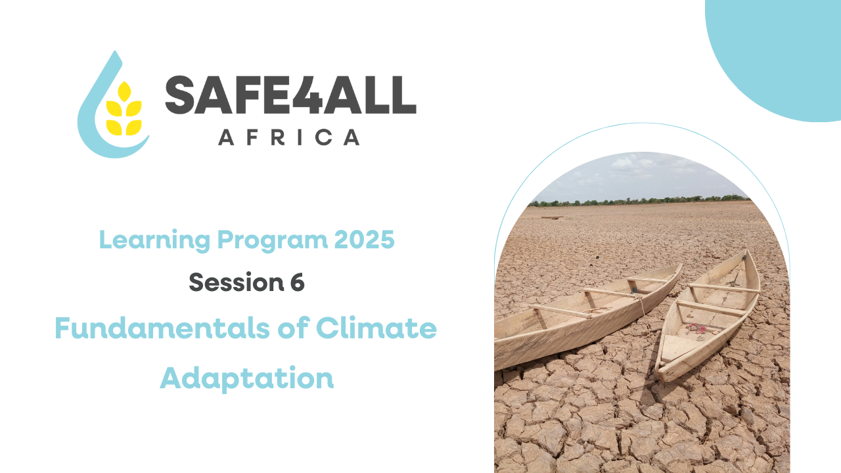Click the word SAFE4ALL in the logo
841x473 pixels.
click(290, 95)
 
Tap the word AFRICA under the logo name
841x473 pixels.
click(289, 137)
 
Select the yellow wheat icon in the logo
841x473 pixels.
click(124, 108)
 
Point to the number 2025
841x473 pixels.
click(364, 240)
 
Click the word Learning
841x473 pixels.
click(154, 240)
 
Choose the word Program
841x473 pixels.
click(273, 241)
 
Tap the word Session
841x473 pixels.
click(236, 282)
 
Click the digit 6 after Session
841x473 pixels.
click(298, 282)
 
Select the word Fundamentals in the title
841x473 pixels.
click(162, 328)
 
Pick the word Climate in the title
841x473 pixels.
click(376, 328)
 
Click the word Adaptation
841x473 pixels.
click(246, 378)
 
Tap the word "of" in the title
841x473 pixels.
click(294, 328)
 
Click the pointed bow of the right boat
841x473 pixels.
click(745, 252)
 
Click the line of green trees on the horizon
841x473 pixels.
click(638, 202)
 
